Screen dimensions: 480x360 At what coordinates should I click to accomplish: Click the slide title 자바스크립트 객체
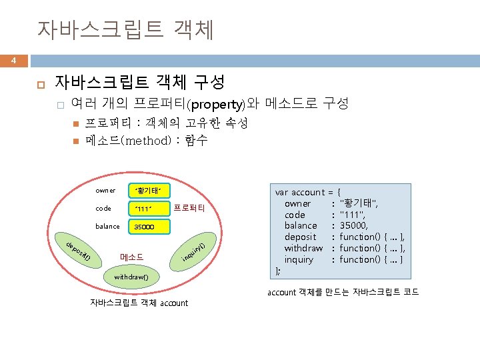click(125, 30)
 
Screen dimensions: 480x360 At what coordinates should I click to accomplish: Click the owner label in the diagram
click(105, 191)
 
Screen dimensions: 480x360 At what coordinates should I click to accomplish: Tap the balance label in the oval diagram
click(107, 227)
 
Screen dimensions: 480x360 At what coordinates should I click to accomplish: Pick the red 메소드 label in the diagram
click(131, 257)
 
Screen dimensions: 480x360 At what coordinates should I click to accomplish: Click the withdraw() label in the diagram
click(131, 275)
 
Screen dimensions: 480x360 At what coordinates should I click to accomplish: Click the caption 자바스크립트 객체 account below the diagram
click(139, 303)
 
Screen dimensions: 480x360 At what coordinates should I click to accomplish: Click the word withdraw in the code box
click(303, 248)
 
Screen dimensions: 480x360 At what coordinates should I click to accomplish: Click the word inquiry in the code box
click(299, 259)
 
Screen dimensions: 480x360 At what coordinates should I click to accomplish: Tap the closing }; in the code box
click(279, 271)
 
